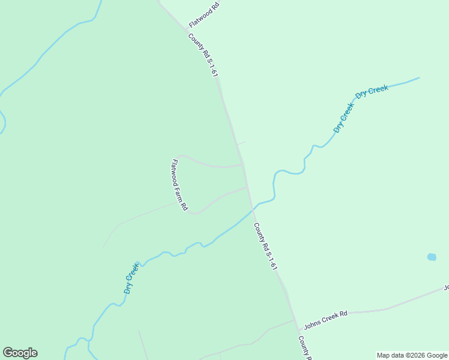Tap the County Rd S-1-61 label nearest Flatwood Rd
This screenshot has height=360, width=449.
pos(202,55)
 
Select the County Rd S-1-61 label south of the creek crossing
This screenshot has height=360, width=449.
pos(265,246)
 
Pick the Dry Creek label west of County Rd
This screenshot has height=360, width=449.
pos(132,277)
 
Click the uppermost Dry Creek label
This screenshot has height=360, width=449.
pos(372,91)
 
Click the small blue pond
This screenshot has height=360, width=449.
pos(432,257)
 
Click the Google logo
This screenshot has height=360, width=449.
pos(20,353)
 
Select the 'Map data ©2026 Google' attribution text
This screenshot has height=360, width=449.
pos(412,355)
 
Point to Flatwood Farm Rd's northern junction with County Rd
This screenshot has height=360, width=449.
pos(242,164)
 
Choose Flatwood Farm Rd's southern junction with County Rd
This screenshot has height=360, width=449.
pos(247,187)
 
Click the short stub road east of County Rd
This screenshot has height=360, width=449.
pos(241,143)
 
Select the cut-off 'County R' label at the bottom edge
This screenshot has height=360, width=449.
pos(305,347)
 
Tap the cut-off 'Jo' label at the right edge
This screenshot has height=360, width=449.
pos(445,287)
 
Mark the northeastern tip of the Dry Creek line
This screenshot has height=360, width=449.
pos(418,77)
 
